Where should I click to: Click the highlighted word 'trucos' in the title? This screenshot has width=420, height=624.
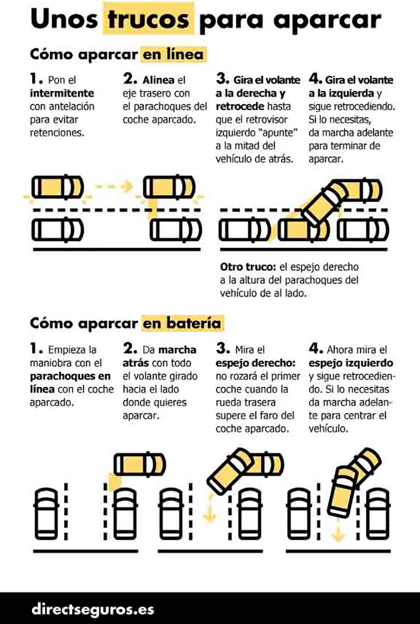(149, 19)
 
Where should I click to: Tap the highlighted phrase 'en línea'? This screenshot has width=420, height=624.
(173, 54)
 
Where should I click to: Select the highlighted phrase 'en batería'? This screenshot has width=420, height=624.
(182, 323)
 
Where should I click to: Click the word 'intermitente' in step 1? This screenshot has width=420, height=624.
(62, 93)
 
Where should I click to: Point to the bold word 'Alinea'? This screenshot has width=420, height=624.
(159, 80)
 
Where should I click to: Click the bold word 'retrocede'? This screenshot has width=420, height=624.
(240, 106)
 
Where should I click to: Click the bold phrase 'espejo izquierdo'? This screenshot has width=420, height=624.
(351, 363)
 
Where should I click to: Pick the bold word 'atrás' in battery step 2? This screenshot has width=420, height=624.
(136, 363)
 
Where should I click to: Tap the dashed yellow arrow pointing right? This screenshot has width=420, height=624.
(113, 186)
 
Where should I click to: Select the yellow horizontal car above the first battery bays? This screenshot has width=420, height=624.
(140, 464)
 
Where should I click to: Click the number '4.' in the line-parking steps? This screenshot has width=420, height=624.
(316, 78)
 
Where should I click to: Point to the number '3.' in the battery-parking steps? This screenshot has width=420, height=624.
(223, 348)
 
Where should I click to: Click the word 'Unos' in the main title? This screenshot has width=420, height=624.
(64, 19)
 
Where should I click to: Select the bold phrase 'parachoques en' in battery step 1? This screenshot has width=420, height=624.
(70, 376)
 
